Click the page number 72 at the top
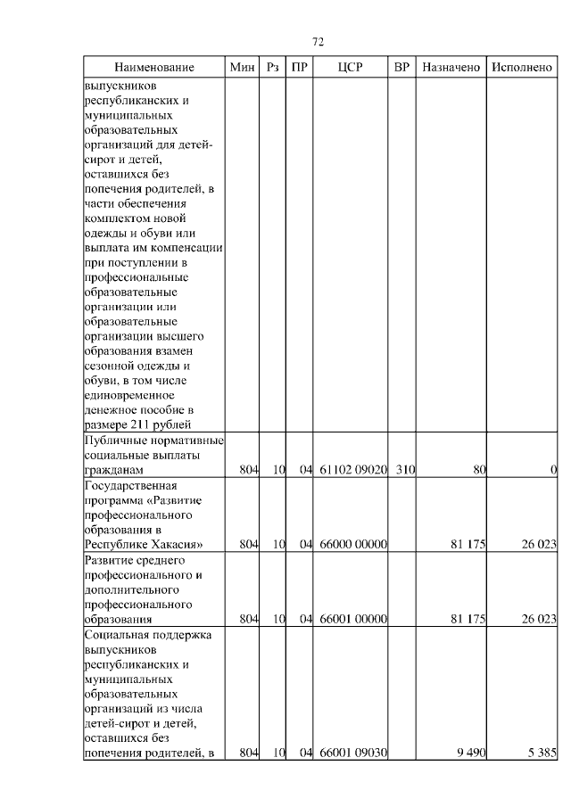coord(319,42)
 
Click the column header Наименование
coord(153,68)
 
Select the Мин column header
coord(242,68)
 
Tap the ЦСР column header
coord(351,68)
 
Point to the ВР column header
coord(402,68)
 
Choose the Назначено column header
coord(451,68)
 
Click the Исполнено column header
coord(522,68)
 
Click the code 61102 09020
coord(352,469)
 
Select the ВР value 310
coord(405,469)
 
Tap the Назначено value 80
coord(478,469)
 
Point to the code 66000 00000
coord(352,544)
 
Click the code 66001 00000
coord(352,619)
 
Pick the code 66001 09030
coord(352,753)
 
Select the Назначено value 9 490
coord(469,753)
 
